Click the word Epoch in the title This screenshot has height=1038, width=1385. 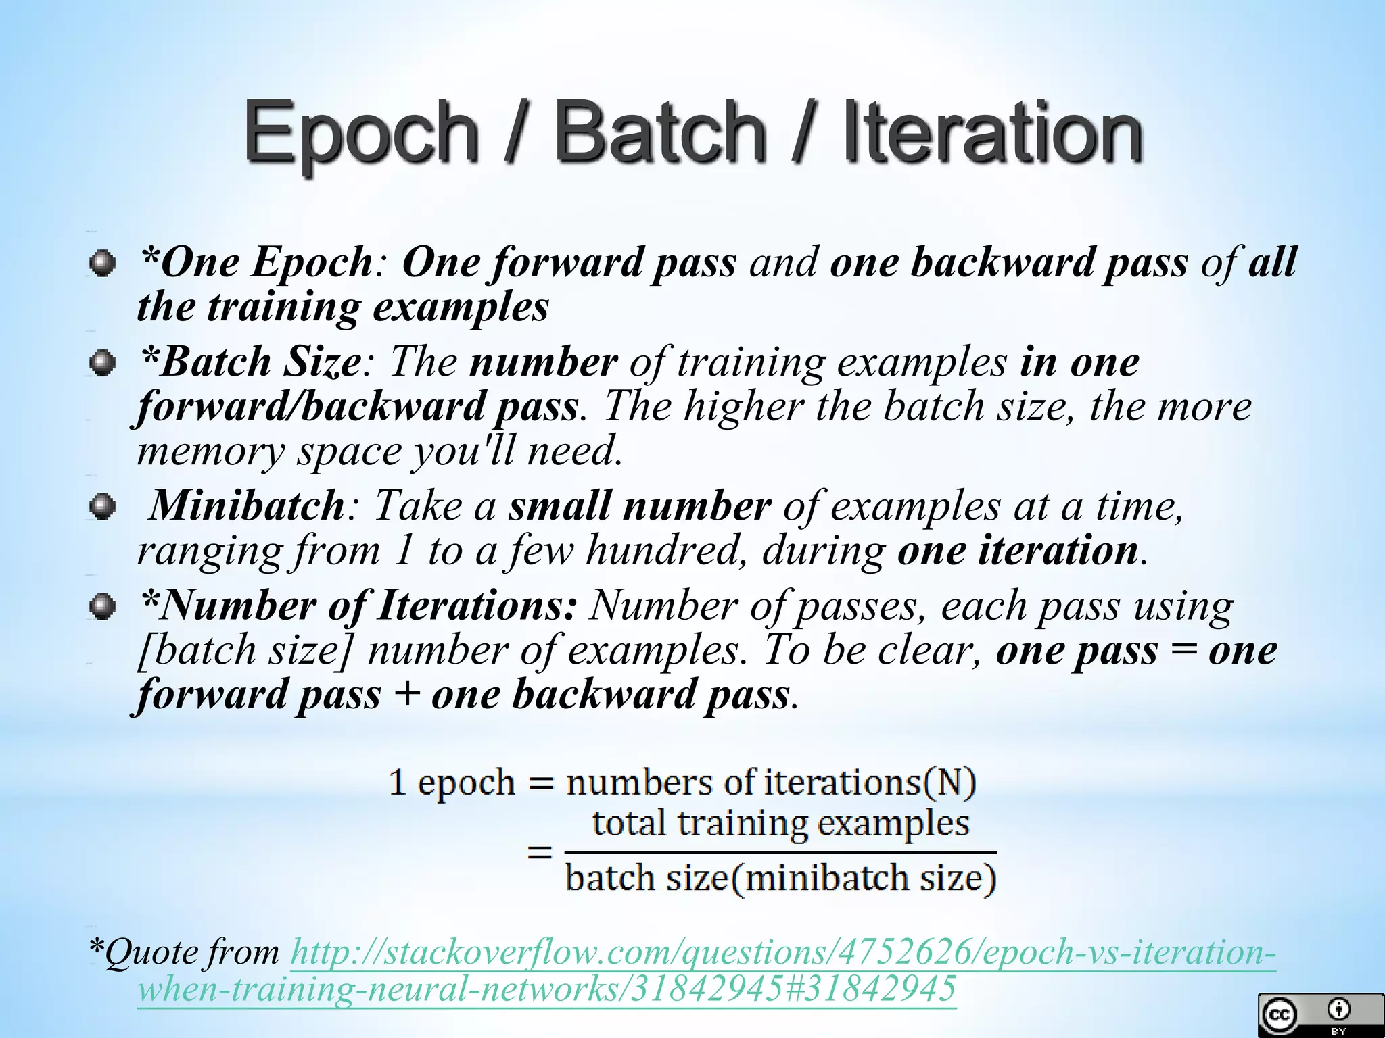point(361,132)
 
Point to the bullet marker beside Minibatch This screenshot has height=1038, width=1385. point(101,507)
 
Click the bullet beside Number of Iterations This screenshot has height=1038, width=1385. point(101,606)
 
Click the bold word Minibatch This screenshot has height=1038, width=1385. point(246,505)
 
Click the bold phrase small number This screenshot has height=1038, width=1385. point(640,505)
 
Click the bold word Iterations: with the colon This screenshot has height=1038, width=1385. point(477,605)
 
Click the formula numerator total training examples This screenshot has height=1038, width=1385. point(781,824)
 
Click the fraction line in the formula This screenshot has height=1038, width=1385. point(781,851)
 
